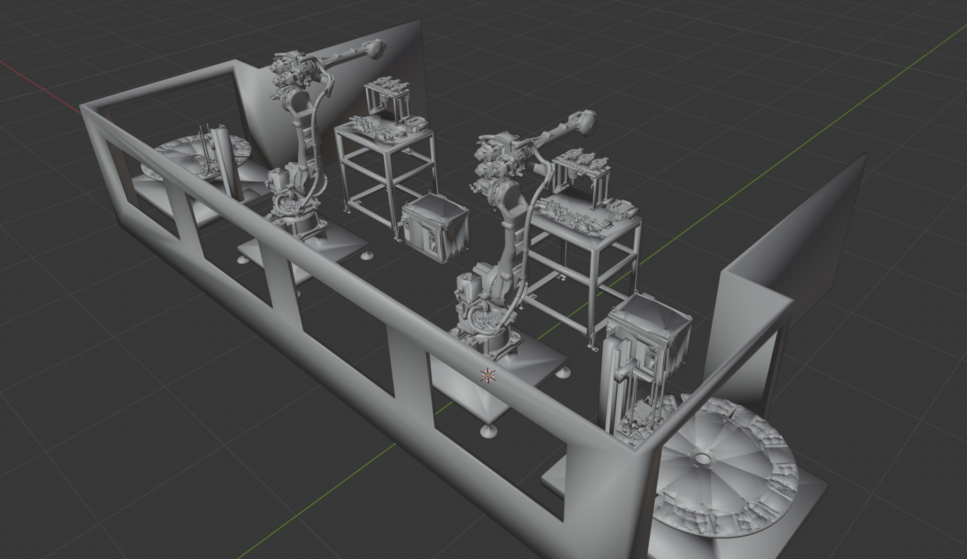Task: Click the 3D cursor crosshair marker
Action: click(x=488, y=376)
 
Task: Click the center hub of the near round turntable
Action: click(x=702, y=457)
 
